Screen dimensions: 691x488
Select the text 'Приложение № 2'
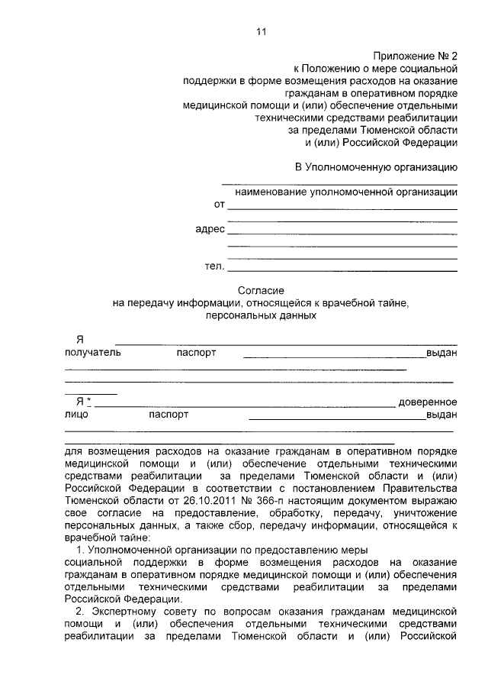click(415, 57)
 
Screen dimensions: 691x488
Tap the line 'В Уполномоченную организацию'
click(376, 166)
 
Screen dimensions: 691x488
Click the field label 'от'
click(220, 205)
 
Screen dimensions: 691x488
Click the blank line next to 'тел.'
click(342, 267)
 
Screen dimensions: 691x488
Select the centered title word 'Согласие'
click(261, 290)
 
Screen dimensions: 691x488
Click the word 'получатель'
click(92, 353)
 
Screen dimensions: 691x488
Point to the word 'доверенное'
click(427, 402)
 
